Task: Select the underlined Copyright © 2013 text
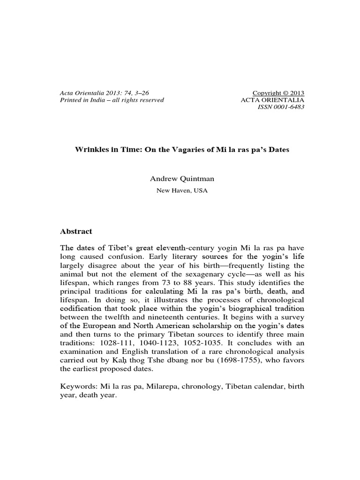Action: (x=278, y=92)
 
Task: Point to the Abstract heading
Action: (x=76, y=232)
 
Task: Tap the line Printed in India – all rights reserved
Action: (x=112, y=100)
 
